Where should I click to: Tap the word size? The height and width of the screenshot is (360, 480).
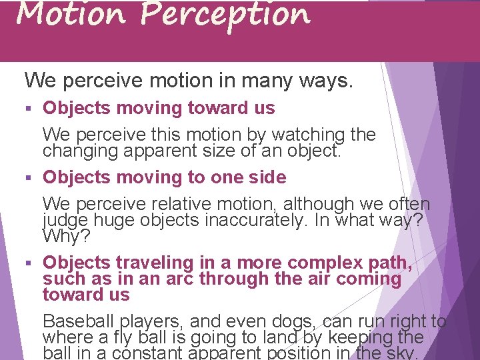[x=218, y=151]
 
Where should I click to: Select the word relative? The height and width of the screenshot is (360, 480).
[x=167, y=204]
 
